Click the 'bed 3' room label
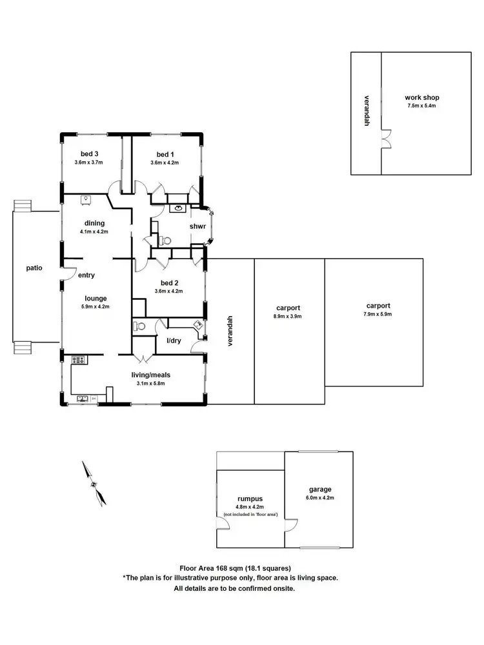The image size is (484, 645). [90, 154]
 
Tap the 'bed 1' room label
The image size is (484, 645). [165, 154]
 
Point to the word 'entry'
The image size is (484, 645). [86, 275]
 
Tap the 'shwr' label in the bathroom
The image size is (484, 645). [197, 227]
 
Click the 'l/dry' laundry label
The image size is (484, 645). [174, 340]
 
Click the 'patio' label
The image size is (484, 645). [34, 268]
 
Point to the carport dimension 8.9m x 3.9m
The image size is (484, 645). [287, 317]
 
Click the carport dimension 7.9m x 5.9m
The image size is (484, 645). [378, 314]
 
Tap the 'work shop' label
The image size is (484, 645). [422, 97]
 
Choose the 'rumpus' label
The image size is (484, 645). [250, 499]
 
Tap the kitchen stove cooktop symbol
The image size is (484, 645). [79, 360]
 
